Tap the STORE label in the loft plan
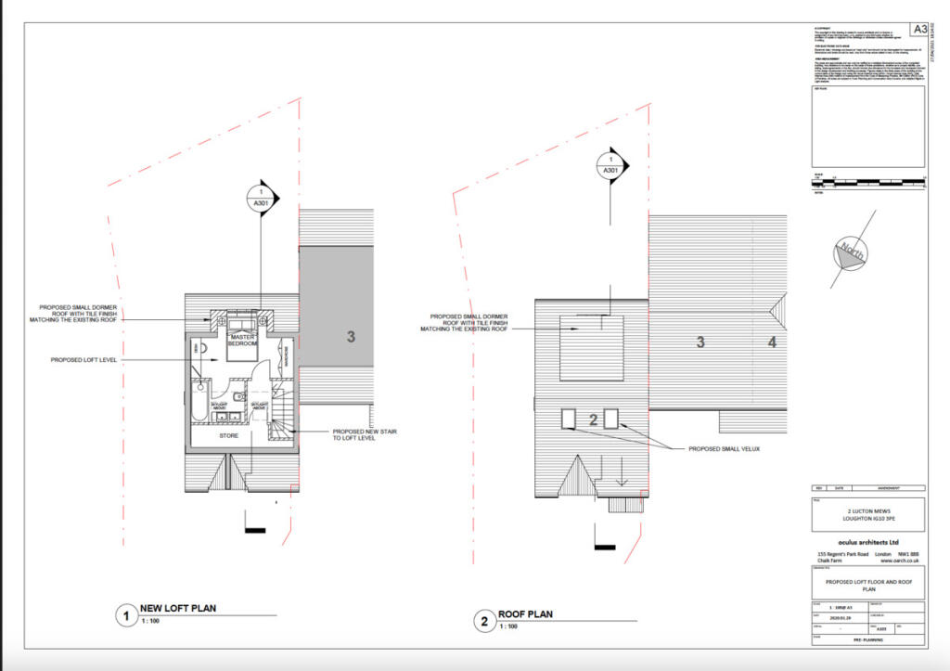[x=228, y=434]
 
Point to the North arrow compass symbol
[x=851, y=251]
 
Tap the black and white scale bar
[x=867, y=178]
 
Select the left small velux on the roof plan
[x=570, y=419]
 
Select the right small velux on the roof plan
[x=611, y=419]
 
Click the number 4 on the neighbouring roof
[x=771, y=342]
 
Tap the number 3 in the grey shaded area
[x=351, y=337]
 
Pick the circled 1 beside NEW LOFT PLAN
[x=123, y=614]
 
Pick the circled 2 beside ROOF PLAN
[x=483, y=621]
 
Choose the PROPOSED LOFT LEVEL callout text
[x=83, y=359]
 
